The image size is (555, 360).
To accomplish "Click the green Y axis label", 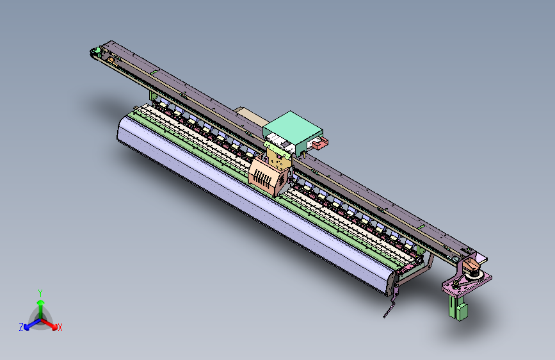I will point(40,293).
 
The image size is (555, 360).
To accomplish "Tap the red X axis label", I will point(60,327).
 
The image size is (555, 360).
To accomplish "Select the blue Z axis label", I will point(21,327).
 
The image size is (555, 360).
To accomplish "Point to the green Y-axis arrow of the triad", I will point(40,306).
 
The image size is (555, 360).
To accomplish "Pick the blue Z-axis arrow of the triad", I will point(30,323).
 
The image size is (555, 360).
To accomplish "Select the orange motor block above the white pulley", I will point(471,263).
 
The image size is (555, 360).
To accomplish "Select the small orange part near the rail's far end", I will point(111,60).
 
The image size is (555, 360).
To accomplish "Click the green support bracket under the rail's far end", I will point(153,96).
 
